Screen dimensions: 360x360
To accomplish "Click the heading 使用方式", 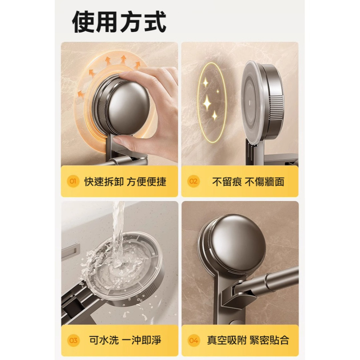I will coord(119,22).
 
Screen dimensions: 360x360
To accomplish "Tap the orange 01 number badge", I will coord(73,181).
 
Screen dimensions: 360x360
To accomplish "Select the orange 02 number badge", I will coord(194,181).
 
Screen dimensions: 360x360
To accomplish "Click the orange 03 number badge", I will coord(73,340).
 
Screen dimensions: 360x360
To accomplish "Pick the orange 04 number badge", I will coord(194,340).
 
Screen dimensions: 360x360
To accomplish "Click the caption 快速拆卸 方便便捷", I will coord(125,181).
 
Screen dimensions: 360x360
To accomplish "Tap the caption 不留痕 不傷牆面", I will coord(248,181).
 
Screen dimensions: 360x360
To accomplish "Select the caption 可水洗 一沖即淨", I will coord(125,340).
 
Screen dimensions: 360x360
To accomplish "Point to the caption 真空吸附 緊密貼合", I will coord(248,340).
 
